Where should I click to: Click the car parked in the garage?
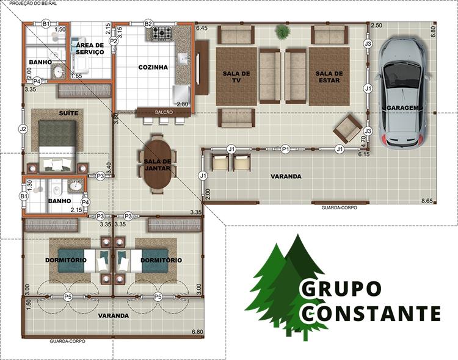tap(404, 93)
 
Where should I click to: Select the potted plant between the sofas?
tap(282, 32)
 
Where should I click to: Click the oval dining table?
tap(158, 164)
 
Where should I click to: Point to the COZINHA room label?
tap(153, 67)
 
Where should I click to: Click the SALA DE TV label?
tap(236, 77)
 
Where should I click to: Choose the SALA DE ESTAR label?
tap(329, 77)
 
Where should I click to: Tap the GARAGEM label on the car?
tap(402, 108)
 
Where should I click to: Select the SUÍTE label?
tap(68, 113)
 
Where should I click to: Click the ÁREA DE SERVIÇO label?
tap(90, 49)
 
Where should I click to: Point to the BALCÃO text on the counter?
tap(164, 112)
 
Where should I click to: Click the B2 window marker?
tap(148, 24)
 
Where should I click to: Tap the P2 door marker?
tap(114, 41)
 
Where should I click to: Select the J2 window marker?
tap(23, 129)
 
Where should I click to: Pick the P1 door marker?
tap(285, 149)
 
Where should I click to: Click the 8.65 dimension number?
tap(427, 201)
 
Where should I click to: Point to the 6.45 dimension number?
tap(202, 28)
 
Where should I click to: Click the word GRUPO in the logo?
tap(341, 289)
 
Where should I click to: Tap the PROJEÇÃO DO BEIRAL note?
tap(33, 4)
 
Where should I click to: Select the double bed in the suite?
tap(57, 145)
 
